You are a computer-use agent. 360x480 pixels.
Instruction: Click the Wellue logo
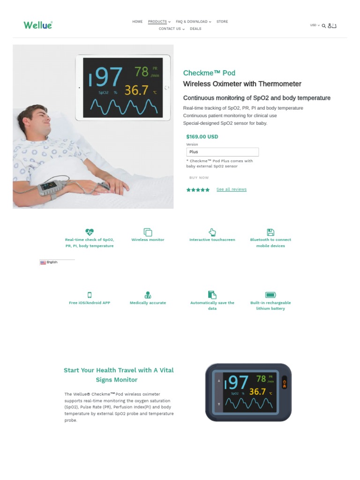pos(38,25)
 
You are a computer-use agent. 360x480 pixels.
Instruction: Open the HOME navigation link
pos(137,22)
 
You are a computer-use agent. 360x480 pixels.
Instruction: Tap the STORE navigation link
pos(222,22)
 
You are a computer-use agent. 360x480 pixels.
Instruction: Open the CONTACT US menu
pos(171,29)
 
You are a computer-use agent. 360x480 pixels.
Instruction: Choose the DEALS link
pos(195,29)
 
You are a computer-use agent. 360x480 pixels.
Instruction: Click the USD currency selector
pos(315,25)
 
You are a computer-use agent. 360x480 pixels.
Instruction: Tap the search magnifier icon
pos(323,26)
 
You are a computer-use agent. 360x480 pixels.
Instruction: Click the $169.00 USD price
pos(202,137)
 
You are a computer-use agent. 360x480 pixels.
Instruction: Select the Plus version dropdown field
pos(222,152)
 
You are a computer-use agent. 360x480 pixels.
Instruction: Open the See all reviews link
pos(231,189)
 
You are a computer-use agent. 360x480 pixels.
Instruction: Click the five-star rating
pos(198,190)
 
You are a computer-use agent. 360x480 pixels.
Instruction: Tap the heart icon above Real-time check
pos(90,232)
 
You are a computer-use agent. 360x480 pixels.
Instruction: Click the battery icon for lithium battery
pos(270,295)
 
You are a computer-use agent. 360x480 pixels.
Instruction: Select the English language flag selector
pos(49,262)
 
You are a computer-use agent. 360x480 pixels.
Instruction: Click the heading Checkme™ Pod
pos(209,73)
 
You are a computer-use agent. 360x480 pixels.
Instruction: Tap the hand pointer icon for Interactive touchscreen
pos(212,232)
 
